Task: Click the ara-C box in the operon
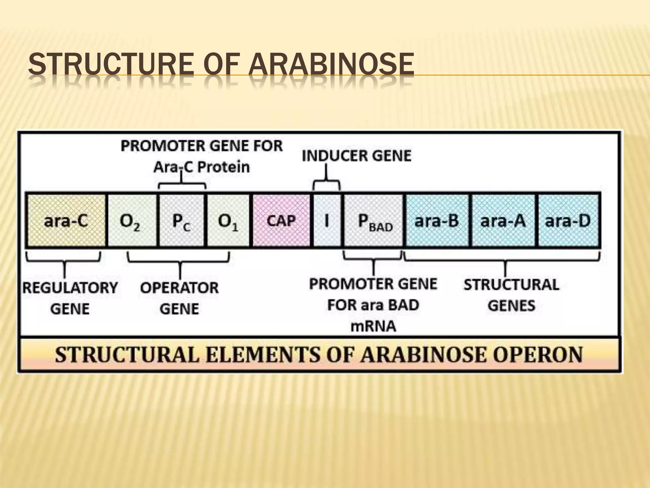click(x=66, y=220)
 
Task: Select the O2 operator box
click(x=132, y=220)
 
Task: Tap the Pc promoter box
click(x=181, y=220)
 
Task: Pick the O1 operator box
click(x=228, y=220)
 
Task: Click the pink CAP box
click(x=281, y=220)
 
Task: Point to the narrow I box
click(x=327, y=220)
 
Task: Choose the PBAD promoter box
click(x=374, y=220)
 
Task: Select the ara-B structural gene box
click(x=437, y=220)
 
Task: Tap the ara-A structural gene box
click(x=503, y=220)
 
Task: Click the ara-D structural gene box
click(x=568, y=220)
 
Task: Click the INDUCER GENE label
click(x=356, y=156)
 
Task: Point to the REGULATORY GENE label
click(x=70, y=298)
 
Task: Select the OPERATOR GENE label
click(x=180, y=298)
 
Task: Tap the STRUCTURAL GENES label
click(x=511, y=295)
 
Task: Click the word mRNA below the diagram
click(x=373, y=326)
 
